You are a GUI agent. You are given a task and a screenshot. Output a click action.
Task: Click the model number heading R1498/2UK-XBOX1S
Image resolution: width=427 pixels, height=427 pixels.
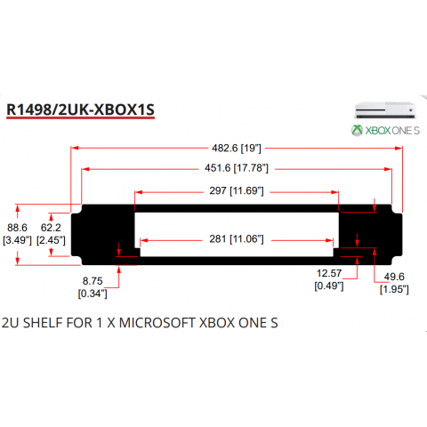(80, 109)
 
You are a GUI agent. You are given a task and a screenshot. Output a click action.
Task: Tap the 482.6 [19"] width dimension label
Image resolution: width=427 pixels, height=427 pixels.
(237, 148)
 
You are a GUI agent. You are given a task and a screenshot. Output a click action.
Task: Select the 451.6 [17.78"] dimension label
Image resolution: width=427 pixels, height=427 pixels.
(237, 168)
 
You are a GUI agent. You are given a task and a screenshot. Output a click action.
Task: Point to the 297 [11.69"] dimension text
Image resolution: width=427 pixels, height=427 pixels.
(237, 190)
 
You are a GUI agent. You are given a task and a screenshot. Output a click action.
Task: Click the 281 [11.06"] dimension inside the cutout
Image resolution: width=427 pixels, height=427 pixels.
(237, 239)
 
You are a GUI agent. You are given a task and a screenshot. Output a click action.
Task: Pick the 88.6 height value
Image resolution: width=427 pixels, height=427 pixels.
(17, 228)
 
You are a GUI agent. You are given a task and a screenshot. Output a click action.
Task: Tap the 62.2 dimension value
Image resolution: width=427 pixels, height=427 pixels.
(51, 228)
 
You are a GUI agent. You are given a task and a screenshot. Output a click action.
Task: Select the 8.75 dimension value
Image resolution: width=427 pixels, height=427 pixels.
(93, 281)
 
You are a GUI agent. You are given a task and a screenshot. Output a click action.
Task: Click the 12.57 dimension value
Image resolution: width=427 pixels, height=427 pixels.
(329, 273)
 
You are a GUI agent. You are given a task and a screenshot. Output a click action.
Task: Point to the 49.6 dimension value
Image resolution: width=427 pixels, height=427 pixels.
(394, 277)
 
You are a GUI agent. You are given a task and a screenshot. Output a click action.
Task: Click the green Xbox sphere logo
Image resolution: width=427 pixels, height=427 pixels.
(357, 130)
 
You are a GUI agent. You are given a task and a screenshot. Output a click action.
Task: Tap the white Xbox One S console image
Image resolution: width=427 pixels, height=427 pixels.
(385, 110)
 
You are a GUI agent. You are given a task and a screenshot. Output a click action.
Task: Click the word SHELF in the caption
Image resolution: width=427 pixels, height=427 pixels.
(43, 323)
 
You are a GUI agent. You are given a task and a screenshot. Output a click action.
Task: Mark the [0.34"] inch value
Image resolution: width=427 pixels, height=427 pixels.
(93, 294)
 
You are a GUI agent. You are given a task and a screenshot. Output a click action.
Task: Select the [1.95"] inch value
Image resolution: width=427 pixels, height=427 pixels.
(394, 289)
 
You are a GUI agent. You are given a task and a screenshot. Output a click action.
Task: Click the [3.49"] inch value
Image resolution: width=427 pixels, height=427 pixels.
(17, 240)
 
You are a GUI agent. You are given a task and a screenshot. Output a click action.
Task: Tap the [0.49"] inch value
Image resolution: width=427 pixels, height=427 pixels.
(329, 286)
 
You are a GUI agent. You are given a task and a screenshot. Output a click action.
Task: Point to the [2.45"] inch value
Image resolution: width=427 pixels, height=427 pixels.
(51, 240)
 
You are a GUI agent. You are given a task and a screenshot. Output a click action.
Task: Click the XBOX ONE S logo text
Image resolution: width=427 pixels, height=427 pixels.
(392, 131)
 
